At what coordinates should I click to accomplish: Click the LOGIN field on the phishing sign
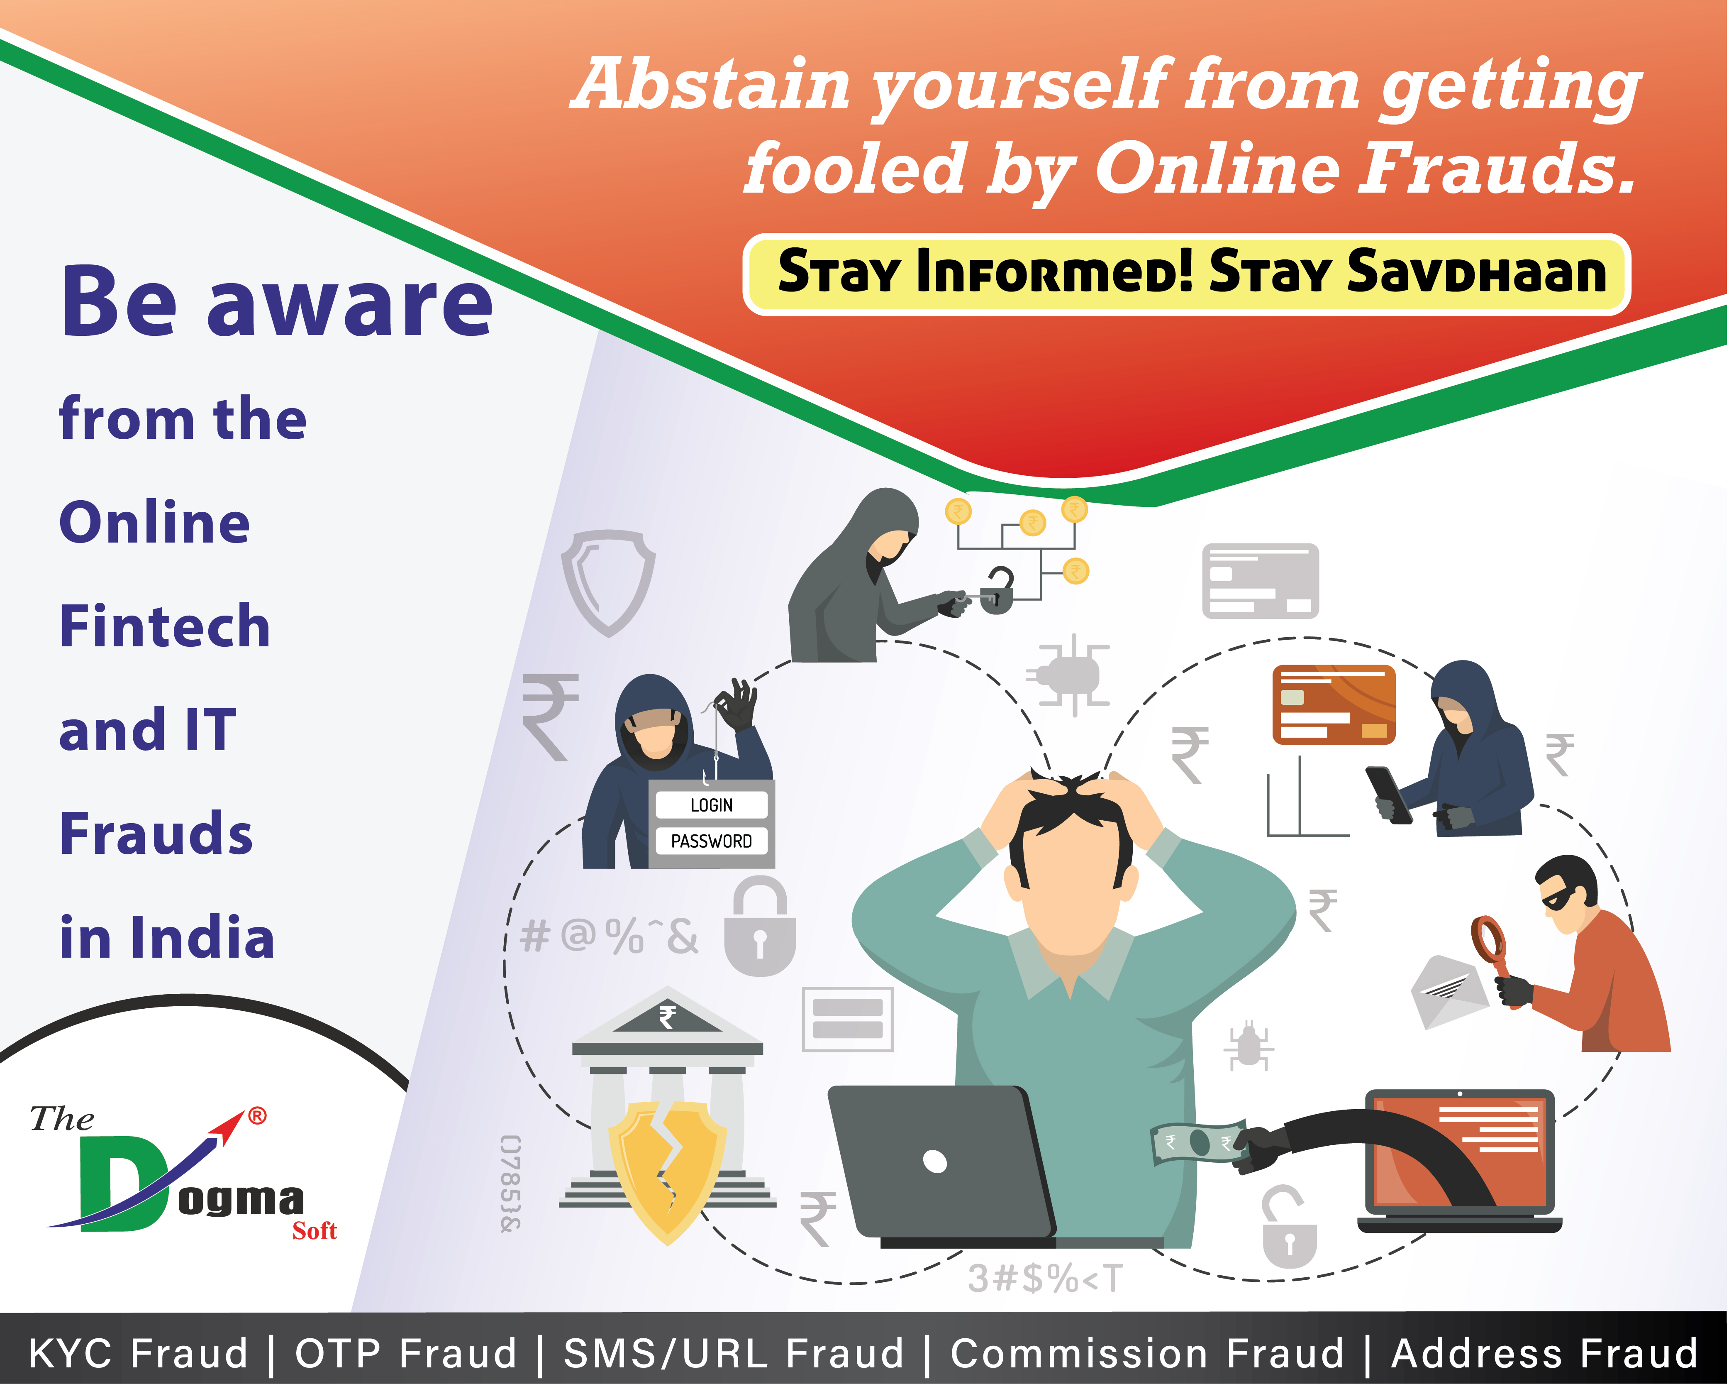pos(711,805)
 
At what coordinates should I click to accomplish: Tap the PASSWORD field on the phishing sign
pos(711,841)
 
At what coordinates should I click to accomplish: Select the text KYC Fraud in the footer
pos(138,1354)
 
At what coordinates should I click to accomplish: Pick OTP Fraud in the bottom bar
pos(406,1354)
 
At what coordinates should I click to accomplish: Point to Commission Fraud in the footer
pos(1147,1354)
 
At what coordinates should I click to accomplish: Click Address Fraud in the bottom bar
pos(1544,1354)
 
